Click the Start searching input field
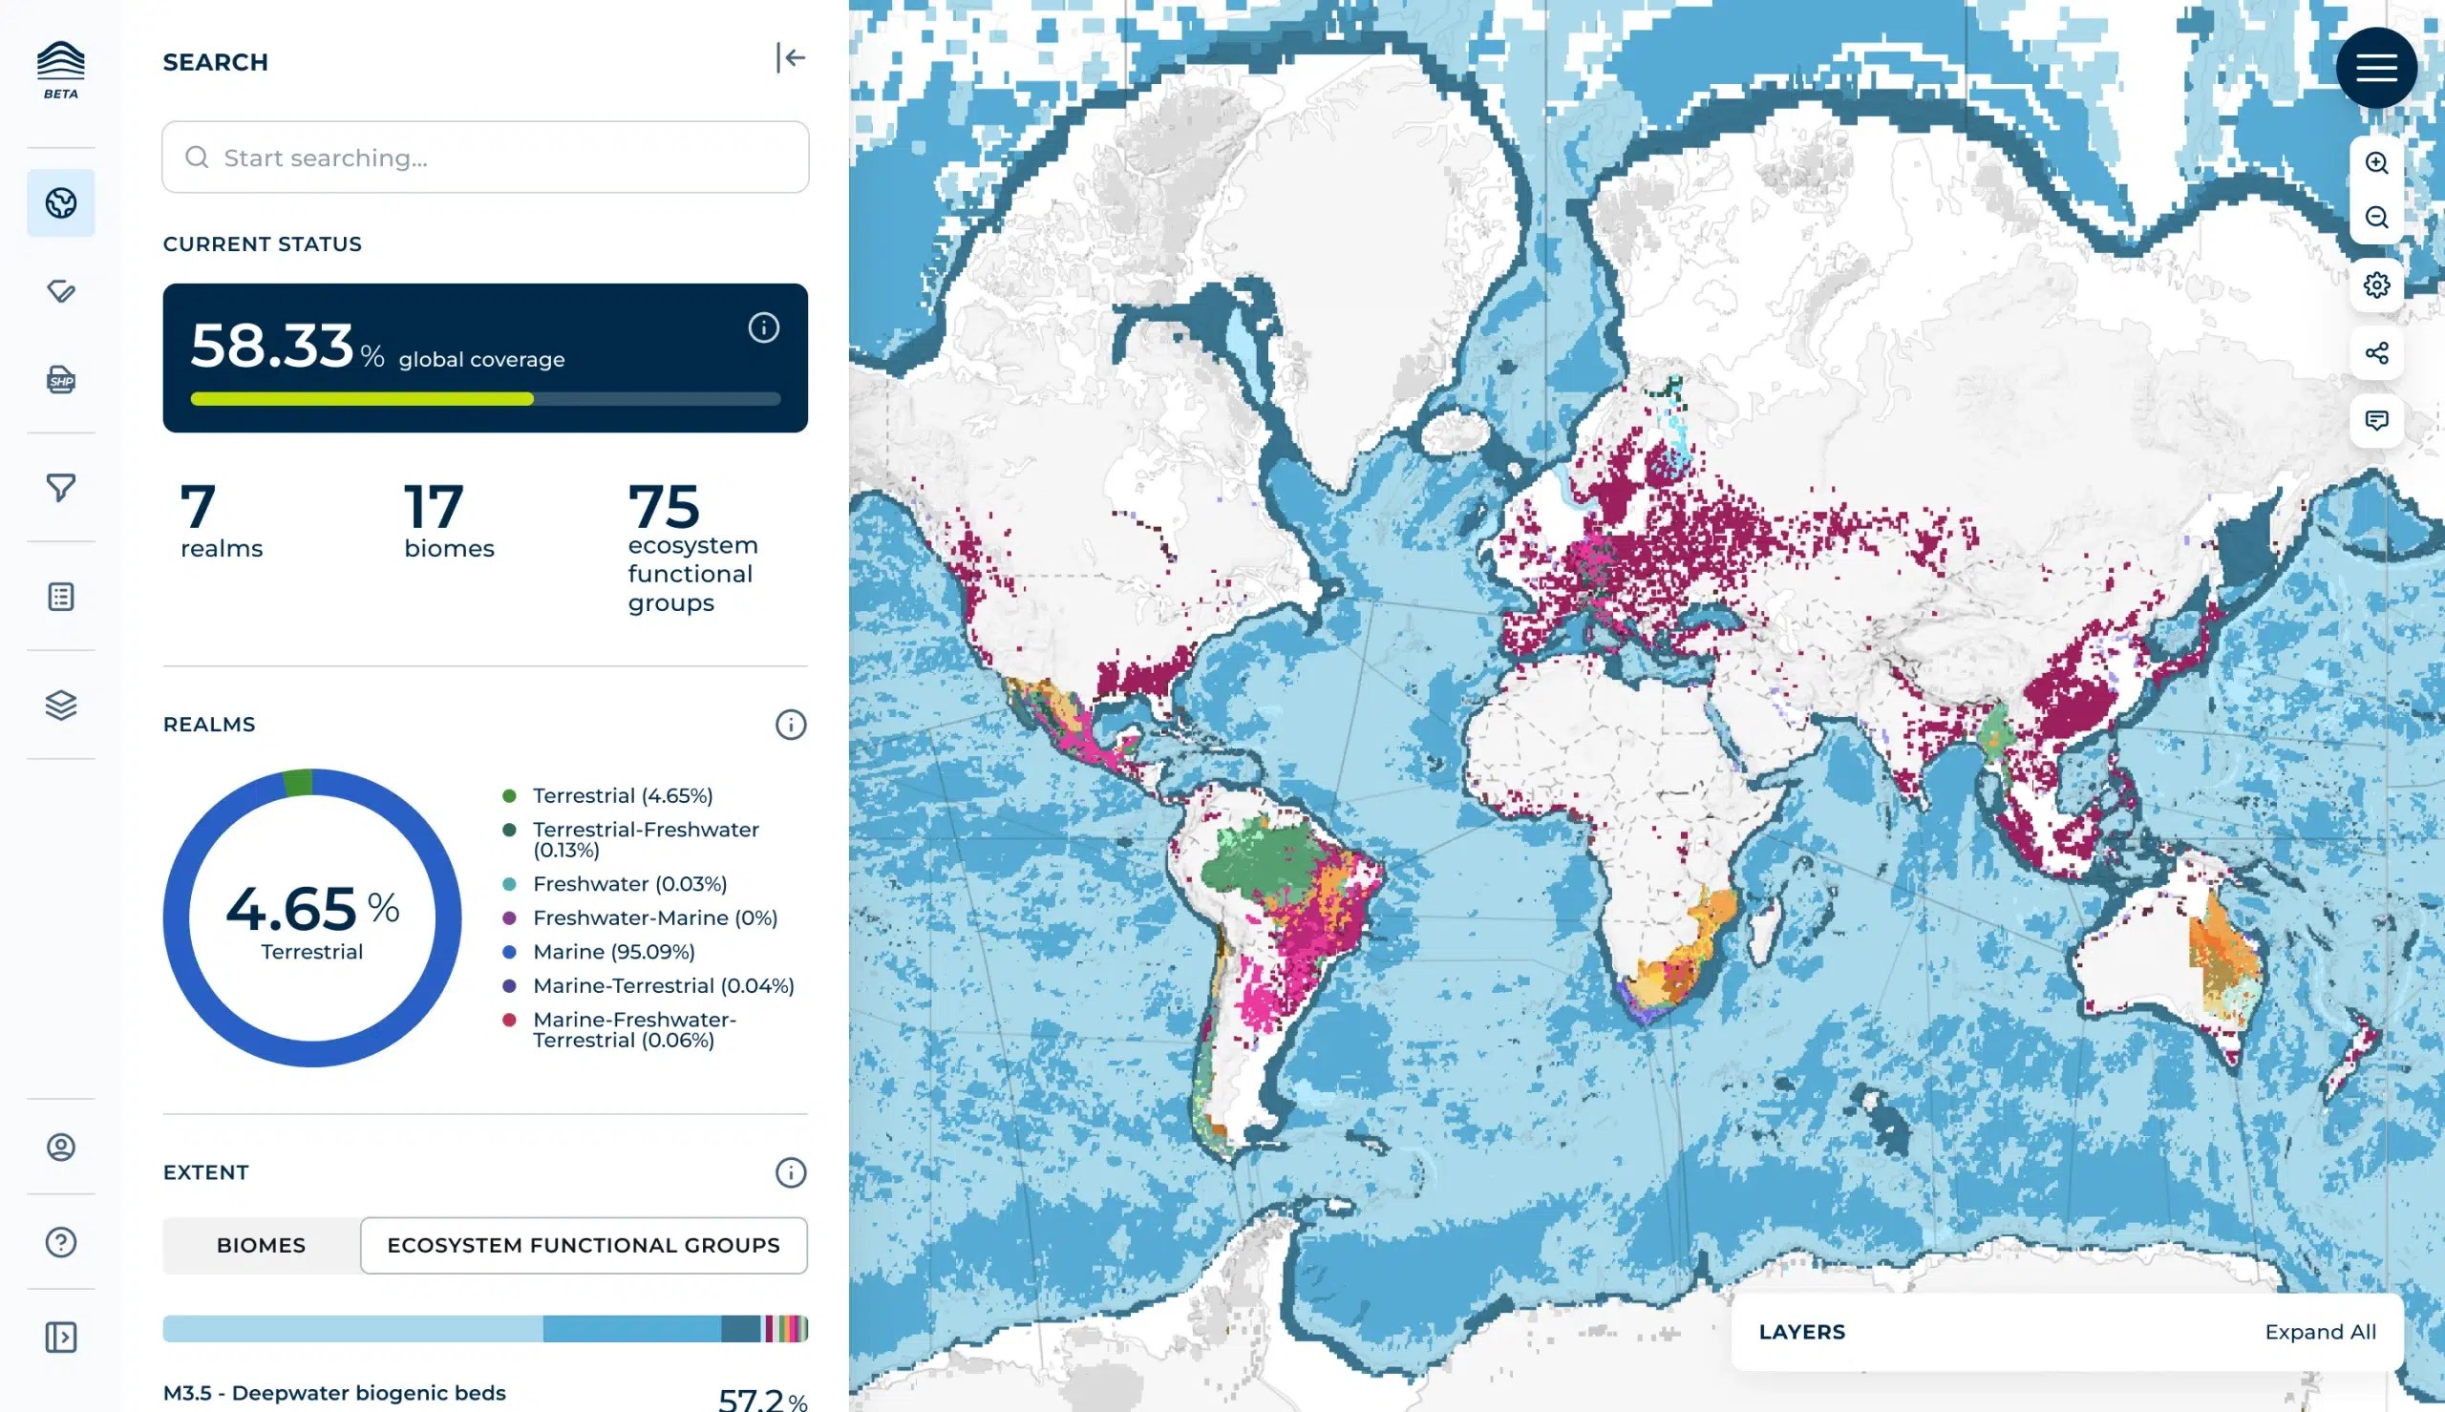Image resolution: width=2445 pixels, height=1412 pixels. click(x=485, y=158)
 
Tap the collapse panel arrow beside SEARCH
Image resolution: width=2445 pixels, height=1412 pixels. click(x=791, y=58)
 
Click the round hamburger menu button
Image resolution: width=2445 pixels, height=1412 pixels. click(x=2375, y=68)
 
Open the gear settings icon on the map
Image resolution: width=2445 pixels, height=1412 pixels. click(x=2375, y=285)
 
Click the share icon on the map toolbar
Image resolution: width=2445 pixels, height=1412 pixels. click(x=2375, y=353)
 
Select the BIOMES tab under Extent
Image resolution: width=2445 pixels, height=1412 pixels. click(x=261, y=1245)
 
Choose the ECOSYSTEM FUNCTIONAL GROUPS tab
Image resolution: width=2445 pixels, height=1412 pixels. click(x=583, y=1245)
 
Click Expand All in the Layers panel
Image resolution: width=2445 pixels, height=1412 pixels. click(x=2320, y=1332)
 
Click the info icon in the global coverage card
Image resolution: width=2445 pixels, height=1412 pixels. click(x=763, y=327)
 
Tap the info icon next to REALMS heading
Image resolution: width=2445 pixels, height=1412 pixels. click(x=791, y=725)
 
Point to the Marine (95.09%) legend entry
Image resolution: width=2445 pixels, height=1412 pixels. click(x=613, y=951)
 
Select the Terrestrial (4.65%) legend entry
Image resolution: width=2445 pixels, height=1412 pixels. click(x=622, y=795)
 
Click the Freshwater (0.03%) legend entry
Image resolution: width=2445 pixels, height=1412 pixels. click(x=629, y=883)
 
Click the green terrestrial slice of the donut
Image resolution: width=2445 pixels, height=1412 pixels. click(x=299, y=783)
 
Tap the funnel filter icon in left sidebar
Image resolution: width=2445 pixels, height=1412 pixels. click(x=61, y=487)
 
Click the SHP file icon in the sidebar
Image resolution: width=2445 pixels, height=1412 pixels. click(x=61, y=379)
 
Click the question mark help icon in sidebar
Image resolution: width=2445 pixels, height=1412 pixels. click(x=61, y=1241)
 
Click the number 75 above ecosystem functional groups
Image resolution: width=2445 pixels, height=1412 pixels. click(x=664, y=506)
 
